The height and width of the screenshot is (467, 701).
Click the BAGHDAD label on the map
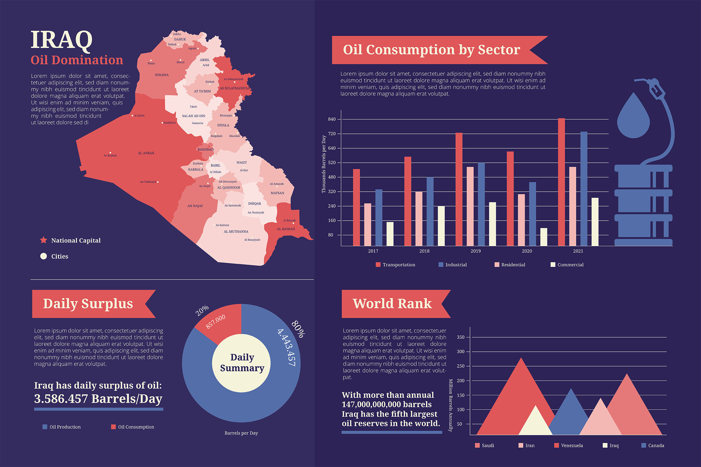[206, 149]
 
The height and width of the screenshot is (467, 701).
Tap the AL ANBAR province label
[146, 153]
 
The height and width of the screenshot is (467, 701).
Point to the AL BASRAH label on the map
[286, 229]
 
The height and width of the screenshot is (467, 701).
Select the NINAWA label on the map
[162, 75]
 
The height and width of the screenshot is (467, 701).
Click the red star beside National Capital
[43, 240]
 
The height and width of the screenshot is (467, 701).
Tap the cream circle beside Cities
[43, 256]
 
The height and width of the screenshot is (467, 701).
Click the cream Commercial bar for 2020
[544, 237]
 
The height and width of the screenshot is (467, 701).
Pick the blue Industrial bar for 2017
[379, 217]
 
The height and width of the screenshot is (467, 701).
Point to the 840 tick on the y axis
[332, 119]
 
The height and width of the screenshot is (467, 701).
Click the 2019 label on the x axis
[475, 251]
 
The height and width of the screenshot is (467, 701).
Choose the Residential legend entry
[510, 265]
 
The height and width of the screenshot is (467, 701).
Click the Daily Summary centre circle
[241, 363]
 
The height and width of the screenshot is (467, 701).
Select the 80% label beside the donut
[298, 329]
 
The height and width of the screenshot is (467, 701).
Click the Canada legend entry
[653, 445]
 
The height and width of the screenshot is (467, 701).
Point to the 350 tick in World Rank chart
[460, 337]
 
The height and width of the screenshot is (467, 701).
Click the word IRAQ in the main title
[62, 40]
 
